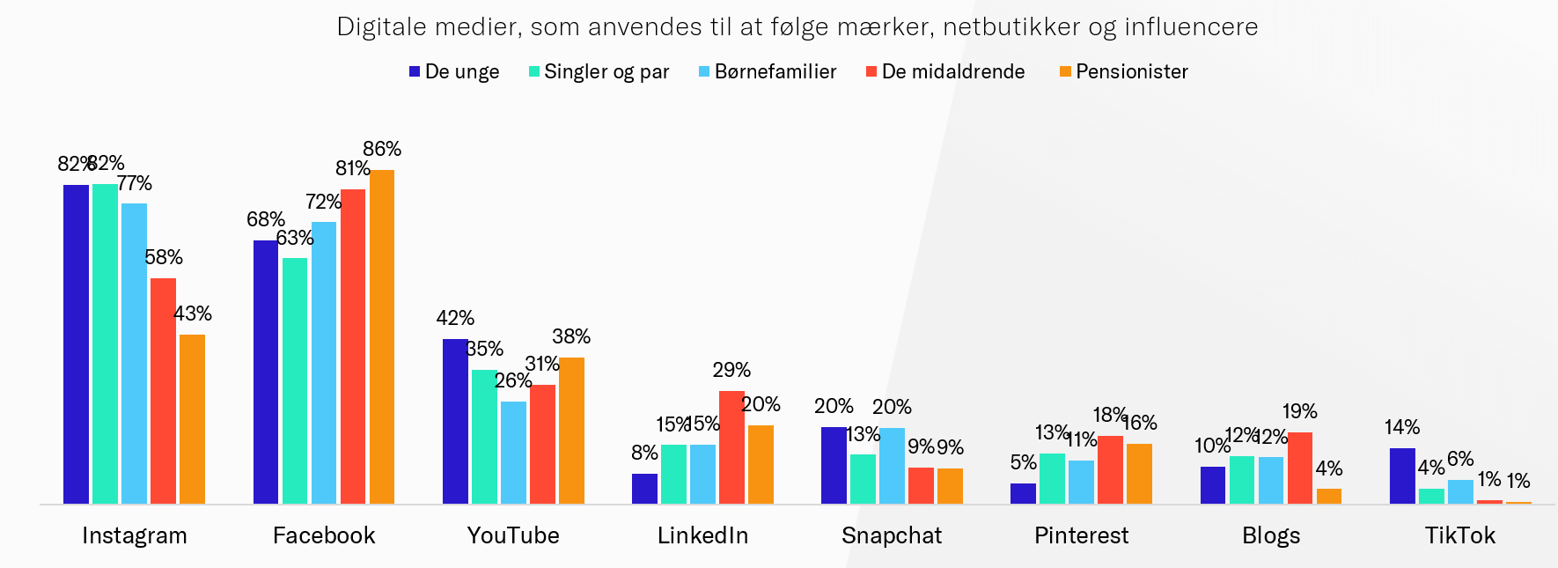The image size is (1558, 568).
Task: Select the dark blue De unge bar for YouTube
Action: [455, 421]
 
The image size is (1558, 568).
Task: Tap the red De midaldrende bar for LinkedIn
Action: [731, 447]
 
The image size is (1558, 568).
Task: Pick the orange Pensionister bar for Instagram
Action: [192, 419]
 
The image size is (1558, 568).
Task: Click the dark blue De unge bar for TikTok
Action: [1402, 476]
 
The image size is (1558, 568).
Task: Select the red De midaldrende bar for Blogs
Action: [1300, 468]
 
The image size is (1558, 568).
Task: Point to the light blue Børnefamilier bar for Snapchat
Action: [892, 466]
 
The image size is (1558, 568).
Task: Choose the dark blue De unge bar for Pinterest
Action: [1023, 493]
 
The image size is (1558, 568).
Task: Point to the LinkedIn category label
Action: [702, 535]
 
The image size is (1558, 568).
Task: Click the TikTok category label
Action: [1460, 535]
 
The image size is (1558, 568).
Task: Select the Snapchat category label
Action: [892, 535]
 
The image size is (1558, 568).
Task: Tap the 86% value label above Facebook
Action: [382, 149]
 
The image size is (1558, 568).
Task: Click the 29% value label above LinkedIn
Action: [731, 370]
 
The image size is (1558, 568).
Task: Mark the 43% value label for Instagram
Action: [193, 314]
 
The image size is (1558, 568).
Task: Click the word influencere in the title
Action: [1191, 27]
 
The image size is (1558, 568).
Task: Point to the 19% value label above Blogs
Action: [1300, 411]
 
